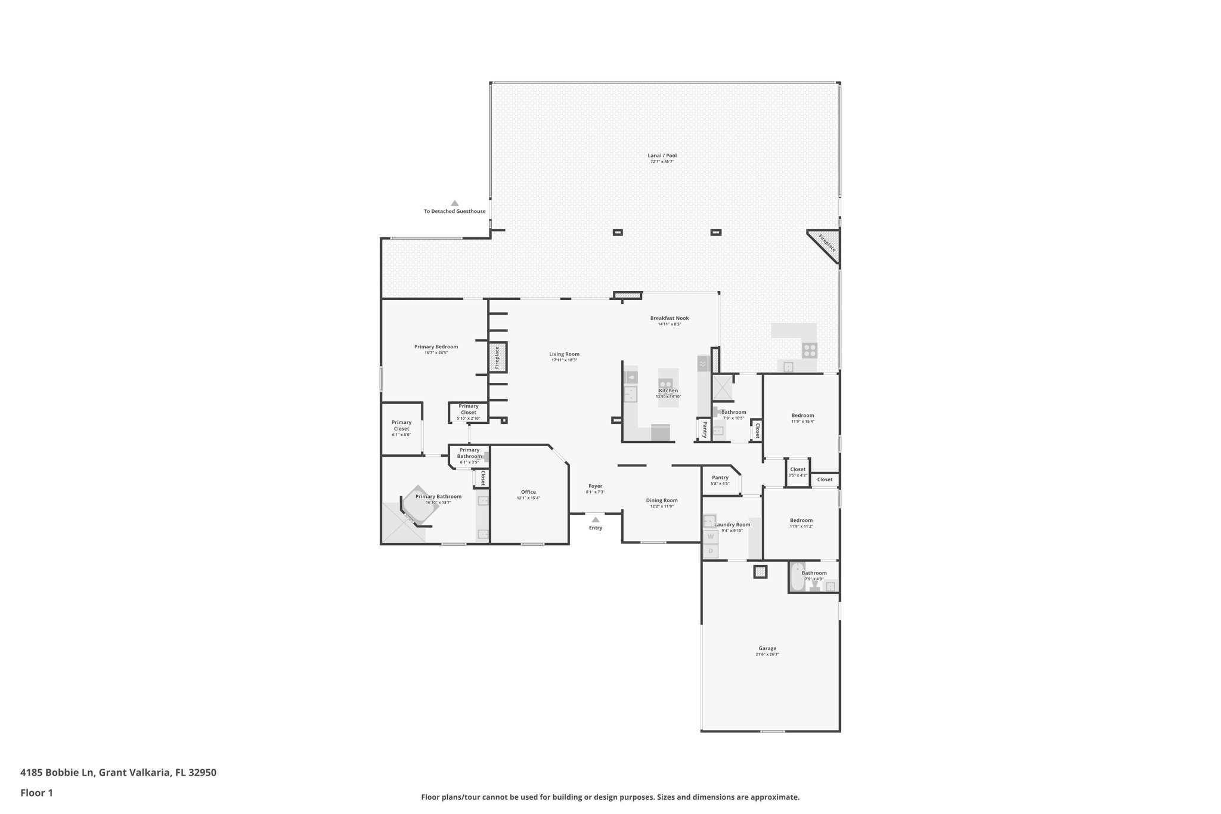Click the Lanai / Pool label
click(x=662, y=156)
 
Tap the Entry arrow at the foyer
click(x=595, y=520)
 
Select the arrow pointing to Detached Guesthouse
click(x=454, y=203)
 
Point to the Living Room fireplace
click(x=497, y=357)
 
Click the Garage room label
click(x=767, y=648)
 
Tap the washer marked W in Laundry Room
click(x=710, y=537)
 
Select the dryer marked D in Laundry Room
click(x=710, y=551)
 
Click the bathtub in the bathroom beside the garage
click(x=797, y=577)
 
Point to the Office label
click(x=528, y=492)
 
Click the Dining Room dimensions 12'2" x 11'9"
click(x=662, y=507)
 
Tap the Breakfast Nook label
click(x=669, y=318)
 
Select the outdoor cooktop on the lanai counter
click(x=809, y=350)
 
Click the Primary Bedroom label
click(x=436, y=346)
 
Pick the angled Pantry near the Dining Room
click(x=720, y=479)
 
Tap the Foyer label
click(x=595, y=486)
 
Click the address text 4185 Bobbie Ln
click(x=57, y=773)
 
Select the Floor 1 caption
click(x=36, y=793)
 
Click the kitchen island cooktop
click(x=666, y=385)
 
